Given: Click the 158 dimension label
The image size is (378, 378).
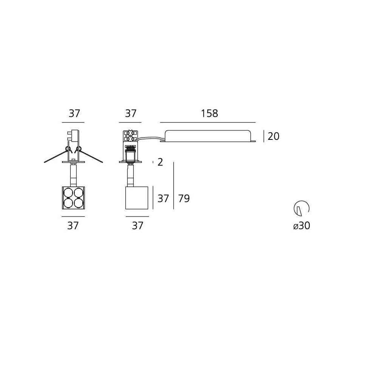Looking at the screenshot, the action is tap(209, 113).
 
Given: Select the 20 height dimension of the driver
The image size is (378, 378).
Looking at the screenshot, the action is tap(273, 136).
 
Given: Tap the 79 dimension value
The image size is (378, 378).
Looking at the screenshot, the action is tap(184, 198).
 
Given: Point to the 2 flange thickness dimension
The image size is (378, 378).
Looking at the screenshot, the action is tap(160, 162).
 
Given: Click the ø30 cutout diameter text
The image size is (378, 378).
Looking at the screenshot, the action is tap(302, 226).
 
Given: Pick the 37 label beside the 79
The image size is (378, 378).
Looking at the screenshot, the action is tap(163, 198).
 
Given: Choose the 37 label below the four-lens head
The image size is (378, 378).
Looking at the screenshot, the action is tap(73, 226).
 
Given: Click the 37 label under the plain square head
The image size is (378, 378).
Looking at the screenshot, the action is tap(138, 226).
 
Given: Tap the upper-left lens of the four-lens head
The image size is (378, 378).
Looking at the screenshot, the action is tap(68, 193).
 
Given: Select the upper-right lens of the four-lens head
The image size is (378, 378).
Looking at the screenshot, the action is tap(79, 193).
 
